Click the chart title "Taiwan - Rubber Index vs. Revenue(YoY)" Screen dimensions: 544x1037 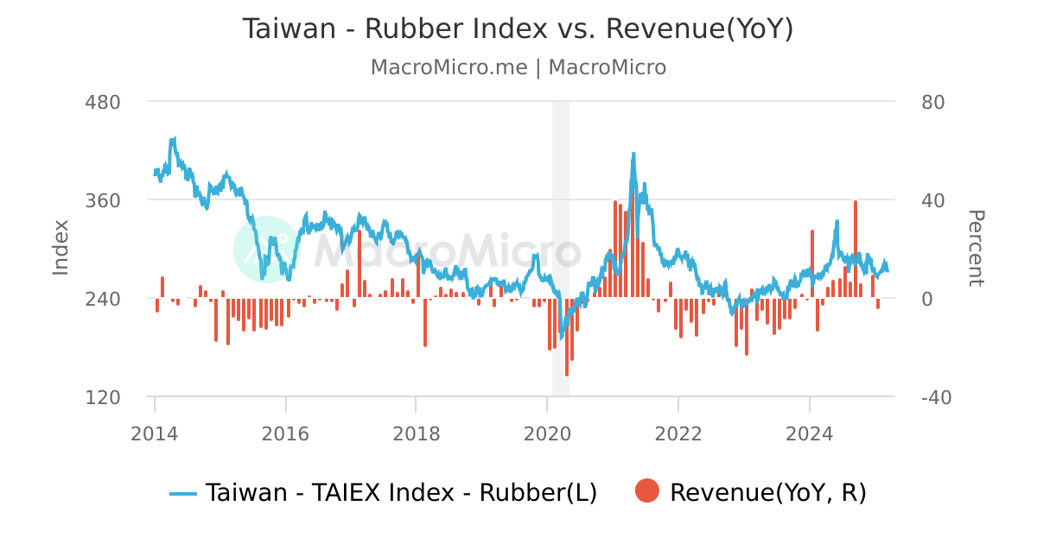coord(518,28)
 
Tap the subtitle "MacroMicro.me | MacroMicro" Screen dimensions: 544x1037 coord(518,67)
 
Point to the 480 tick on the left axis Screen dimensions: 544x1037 coord(102,102)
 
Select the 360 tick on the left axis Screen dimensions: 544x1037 coord(102,200)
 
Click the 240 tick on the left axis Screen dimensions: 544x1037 coord(102,299)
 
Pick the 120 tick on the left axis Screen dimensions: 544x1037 coord(102,397)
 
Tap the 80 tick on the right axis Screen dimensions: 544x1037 coord(933,102)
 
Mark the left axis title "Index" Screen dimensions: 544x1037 coord(60,248)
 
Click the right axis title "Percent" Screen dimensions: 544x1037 coord(975,248)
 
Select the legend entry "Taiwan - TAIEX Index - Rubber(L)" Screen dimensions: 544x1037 coord(383,493)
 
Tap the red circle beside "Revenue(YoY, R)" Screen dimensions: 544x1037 coord(646,492)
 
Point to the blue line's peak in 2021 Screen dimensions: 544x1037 coord(633,155)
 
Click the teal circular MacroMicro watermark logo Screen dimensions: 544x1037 coord(266,249)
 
